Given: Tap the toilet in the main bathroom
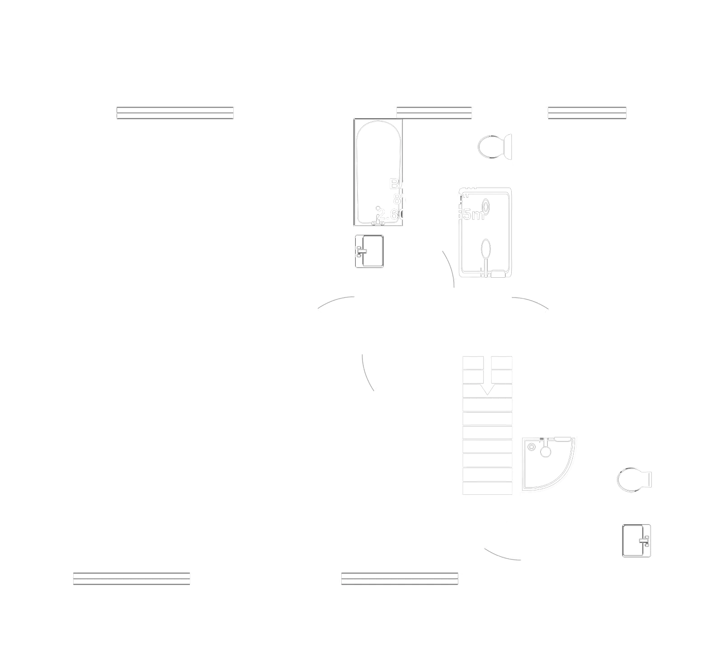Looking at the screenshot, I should click(493, 147).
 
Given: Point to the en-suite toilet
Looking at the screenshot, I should click(633, 479).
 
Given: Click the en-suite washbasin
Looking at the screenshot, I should click(636, 541).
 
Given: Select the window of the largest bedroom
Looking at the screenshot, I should click(175, 112).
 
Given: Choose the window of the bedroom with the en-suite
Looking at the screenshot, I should click(400, 579).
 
